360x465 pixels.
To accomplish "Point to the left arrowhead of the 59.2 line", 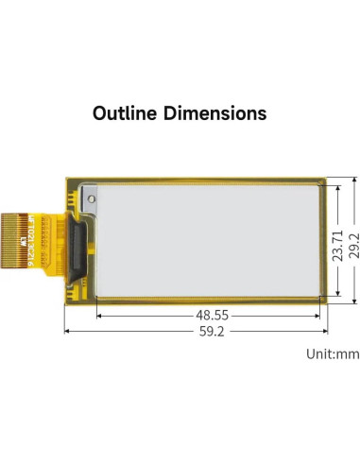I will pyautogui.click(x=68, y=331).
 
